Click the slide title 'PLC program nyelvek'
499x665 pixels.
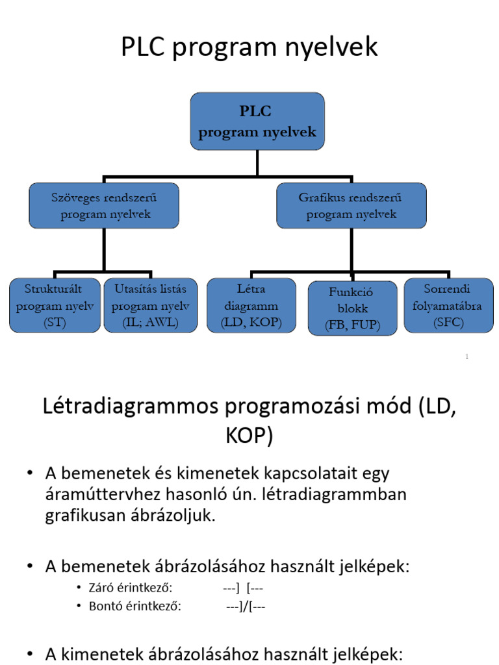tap(249, 47)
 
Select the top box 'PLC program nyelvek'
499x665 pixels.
tap(257, 121)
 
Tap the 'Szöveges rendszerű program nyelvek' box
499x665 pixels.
tap(104, 205)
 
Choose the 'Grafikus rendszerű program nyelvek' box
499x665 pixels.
tap(351, 205)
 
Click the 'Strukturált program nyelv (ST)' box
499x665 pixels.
tap(55, 305)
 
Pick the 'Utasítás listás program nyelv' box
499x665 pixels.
tap(151, 305)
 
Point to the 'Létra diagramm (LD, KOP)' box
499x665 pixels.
tap(251, 305)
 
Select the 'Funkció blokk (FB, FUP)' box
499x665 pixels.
tap(352, 308)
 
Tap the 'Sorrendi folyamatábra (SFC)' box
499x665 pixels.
tap(448, 305)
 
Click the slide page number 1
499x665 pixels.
tap(467, 357)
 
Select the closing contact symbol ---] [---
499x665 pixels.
tap(242, 588)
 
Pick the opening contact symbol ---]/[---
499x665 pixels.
tap(246, 607)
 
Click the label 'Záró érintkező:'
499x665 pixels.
tap(131, 588)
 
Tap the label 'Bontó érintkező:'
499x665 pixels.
tap(134, 607)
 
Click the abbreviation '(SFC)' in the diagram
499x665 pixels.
tap(448, 322)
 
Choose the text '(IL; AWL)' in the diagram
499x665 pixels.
tap(151, 322)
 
